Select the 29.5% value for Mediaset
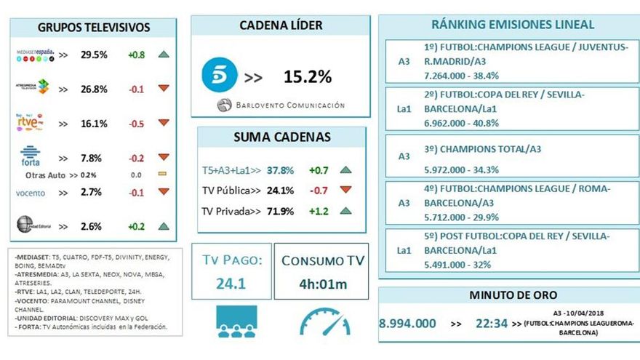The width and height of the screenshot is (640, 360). pos(94,55)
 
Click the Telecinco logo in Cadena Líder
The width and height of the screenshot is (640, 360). pos(219,76)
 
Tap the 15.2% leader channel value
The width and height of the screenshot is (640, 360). pos(307,77)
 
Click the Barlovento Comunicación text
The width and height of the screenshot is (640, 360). pos(289,105)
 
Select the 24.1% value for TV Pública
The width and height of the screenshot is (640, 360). pos(281,191)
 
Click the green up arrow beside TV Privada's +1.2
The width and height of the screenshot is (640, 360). pos(345,211)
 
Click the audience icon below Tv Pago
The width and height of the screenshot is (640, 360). pos(236,322)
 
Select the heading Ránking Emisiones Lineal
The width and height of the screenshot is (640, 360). pos(513,24)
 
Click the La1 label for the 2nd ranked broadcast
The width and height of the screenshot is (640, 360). pos(404,108)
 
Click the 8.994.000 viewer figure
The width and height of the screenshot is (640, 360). pos(408,322)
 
